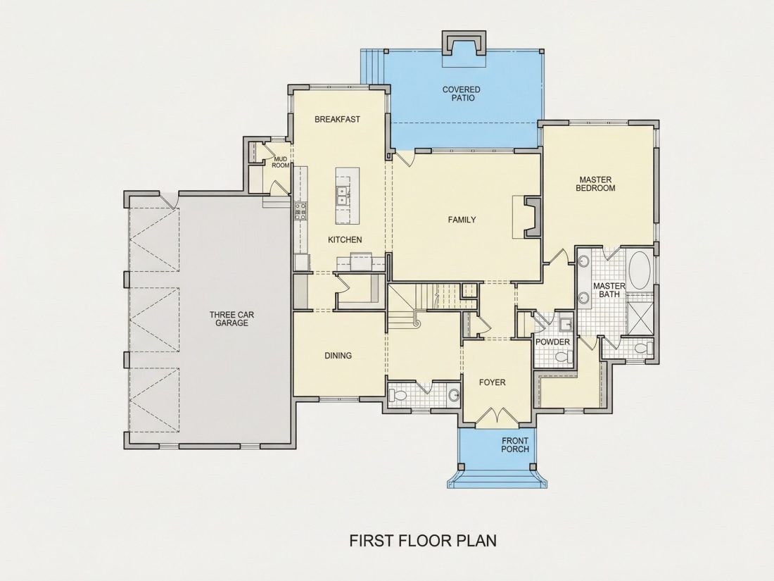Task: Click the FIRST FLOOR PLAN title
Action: [x=423, y=540]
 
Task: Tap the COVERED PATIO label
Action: [x=461, y=94]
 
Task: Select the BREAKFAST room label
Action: [x=337, y=119]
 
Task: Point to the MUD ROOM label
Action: [x=280, y=162]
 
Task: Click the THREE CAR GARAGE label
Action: [x=231, y=318]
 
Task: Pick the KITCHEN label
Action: [x=345, y=239]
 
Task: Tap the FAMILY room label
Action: [x=462, y=219]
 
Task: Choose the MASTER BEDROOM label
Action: [x=595, y=184]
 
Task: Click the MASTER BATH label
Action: [x=609, y=290]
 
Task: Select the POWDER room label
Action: [x=552, y=342]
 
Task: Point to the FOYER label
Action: [x=492, y=382]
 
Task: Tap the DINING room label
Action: [x=338, y=355]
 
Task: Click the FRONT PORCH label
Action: [x=515, y=444]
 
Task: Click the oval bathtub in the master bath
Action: [x=640, y=270]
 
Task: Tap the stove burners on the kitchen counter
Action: [x=300, y=211]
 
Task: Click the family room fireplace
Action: [x=532, y=218]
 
